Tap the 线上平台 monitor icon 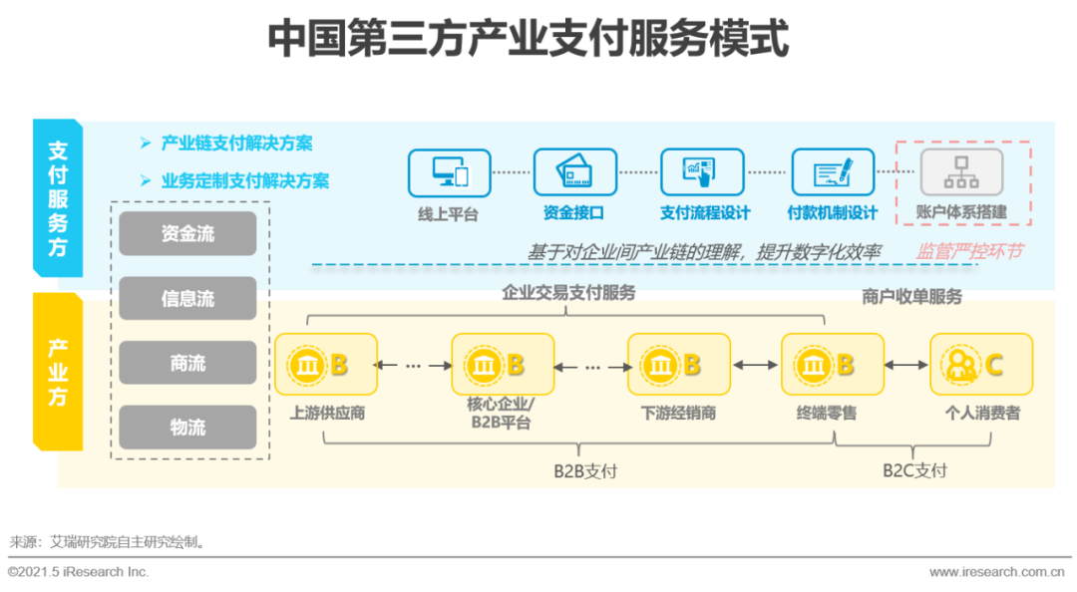450,172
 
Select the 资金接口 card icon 574,172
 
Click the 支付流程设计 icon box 702,172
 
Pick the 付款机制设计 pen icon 833,172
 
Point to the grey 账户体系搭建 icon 961,172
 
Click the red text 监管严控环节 969,251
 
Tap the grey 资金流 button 187,233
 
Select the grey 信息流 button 187,298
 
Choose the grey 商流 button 187,363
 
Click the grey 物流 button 187,428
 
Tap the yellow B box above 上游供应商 326,365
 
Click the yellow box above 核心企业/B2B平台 502,365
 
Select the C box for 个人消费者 981,365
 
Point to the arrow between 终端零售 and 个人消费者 906,366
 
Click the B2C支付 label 914,470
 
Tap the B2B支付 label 585,470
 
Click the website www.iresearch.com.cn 996,572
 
